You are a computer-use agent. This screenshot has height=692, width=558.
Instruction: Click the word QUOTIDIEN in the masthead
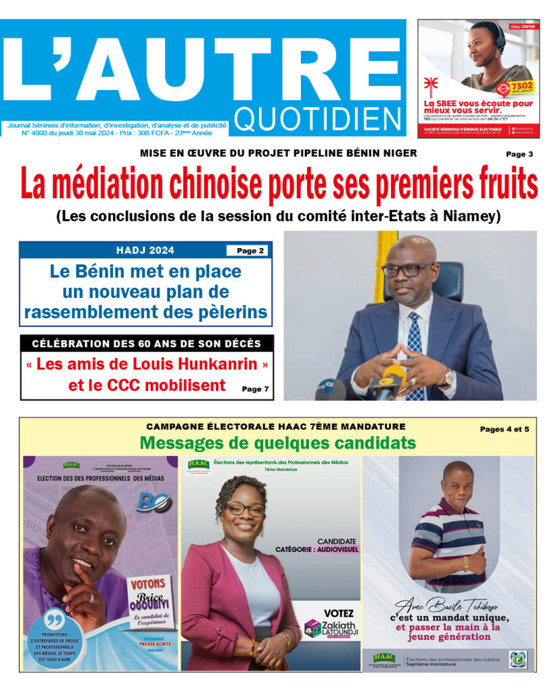pos(319,120)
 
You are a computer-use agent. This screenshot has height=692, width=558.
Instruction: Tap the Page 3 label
pos(519,154)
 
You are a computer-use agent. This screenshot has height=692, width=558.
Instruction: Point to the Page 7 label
pos(255,389)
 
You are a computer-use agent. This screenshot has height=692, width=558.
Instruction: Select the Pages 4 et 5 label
pos(505,428)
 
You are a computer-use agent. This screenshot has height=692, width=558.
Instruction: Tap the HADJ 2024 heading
pos(145,251)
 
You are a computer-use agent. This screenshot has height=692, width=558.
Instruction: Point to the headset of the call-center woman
pos(499,37)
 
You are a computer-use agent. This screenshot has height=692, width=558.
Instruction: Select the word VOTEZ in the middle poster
pos(339,613)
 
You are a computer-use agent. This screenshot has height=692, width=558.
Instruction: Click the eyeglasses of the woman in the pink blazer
pos(244,508)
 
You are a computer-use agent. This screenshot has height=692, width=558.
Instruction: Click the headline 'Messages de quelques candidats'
pos(277,443)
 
